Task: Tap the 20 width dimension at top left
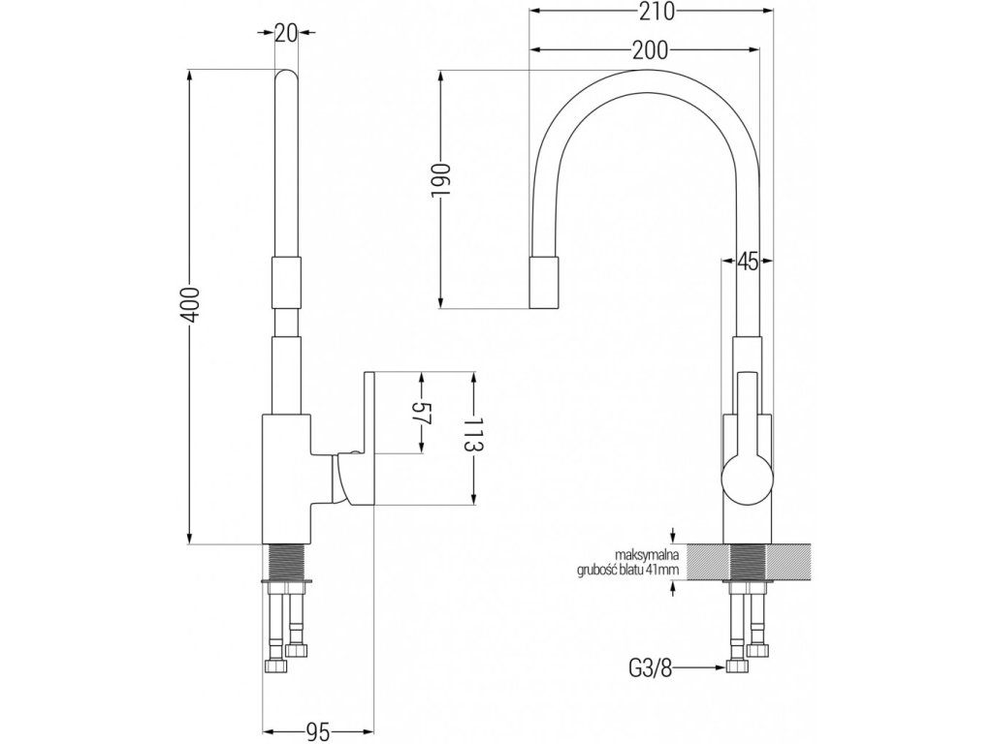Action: coord(285,33)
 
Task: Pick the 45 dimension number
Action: coord(748,261)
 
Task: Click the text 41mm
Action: coord(671,570)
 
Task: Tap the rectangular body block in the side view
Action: coord(286,475)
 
